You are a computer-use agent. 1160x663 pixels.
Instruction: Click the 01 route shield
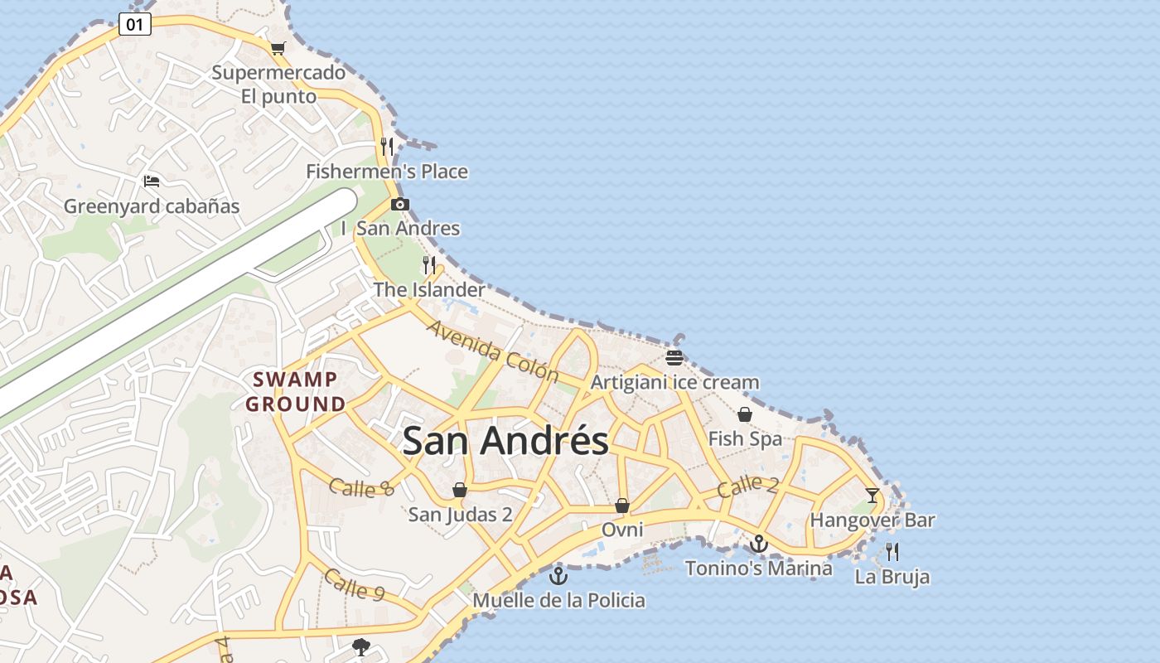click(134, 25)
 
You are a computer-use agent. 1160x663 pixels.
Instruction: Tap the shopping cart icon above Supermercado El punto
click(278, 48)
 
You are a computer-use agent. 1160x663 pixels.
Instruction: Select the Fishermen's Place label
click(387, 172)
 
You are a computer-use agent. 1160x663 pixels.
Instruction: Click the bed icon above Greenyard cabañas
click(151, 181)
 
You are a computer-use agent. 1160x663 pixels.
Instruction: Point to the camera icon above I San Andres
click(400, 204)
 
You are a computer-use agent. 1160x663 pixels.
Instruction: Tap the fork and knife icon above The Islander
click(428, 265)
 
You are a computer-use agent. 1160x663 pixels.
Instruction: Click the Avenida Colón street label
click(493, 351)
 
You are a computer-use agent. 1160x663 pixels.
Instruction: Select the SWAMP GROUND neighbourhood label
click(296, 392)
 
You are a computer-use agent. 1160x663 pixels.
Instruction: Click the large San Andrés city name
click(505, 440)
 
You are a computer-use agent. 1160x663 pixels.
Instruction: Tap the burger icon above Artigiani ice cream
click(674, 358)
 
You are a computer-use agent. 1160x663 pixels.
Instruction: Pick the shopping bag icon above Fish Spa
click(745, 414)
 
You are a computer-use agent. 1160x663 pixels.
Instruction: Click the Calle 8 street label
click(361, 488)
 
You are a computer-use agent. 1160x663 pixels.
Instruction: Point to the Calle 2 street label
click(747, 486)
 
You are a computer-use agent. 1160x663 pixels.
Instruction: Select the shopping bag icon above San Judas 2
click(460, 491)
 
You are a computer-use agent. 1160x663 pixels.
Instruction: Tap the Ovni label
click(622, 529)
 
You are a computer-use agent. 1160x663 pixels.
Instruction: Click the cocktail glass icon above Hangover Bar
click(872, 496)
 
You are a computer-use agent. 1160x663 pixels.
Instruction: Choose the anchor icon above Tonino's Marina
click(758, 544)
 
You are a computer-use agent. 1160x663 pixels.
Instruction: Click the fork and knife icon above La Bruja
click(892, 551)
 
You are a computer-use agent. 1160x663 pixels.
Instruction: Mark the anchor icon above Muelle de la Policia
click(558, 575)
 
